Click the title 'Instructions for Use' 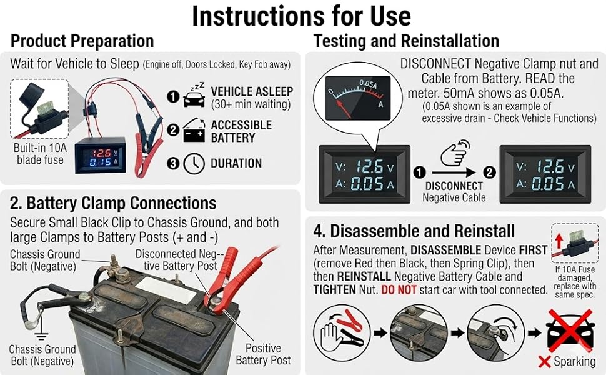click(x=302, y=16)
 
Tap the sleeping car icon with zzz click(x=195, y=95)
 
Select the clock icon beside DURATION click(x=194, y=164)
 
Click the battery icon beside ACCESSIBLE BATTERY click(x=194, y=130)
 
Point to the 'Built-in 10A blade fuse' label click(x=40, y=154)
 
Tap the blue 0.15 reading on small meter click(x=101, y=162)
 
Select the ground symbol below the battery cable click(x=39, y=336)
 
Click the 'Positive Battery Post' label click(x=263, y=354)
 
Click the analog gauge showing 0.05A click(x=358, y=97)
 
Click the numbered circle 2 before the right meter click(x=489, y=172)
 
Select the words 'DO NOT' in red click(x=399, y=290)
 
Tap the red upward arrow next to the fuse click(x=559, y=241)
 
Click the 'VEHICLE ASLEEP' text click(x=252, y=91)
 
